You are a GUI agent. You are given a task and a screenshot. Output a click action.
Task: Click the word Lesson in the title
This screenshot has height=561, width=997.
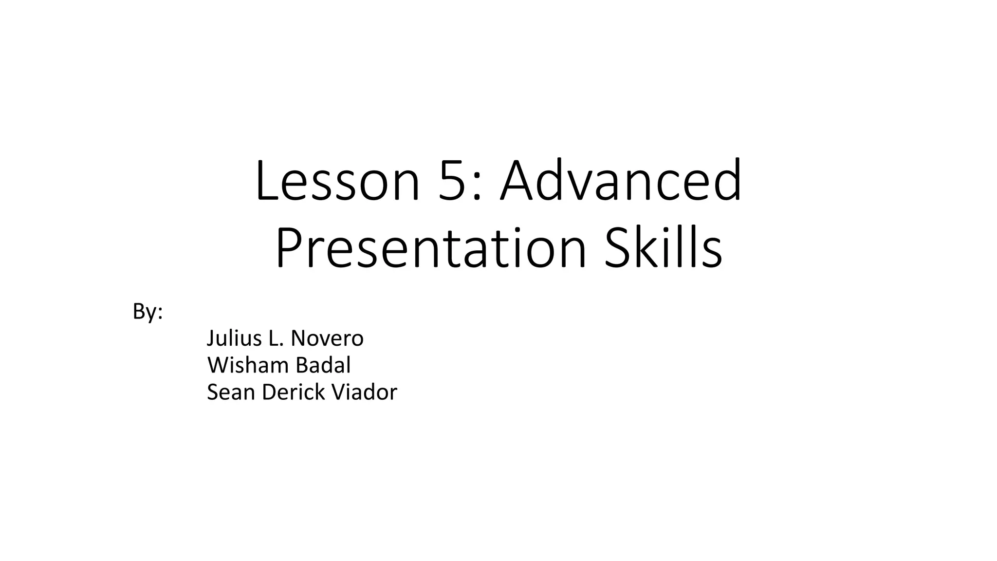tap(337, 180)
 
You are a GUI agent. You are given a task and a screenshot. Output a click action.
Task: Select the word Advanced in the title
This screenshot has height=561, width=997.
tap(621, 180)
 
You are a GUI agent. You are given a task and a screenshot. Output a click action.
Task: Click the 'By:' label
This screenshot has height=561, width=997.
tap(148, 312)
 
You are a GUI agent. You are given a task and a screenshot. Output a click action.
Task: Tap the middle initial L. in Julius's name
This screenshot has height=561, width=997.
tap(275, 338)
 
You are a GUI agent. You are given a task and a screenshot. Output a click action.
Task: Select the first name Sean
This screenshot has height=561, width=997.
tap(231, 392)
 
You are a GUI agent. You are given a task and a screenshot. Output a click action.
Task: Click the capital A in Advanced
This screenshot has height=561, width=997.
tap(520, 180)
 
